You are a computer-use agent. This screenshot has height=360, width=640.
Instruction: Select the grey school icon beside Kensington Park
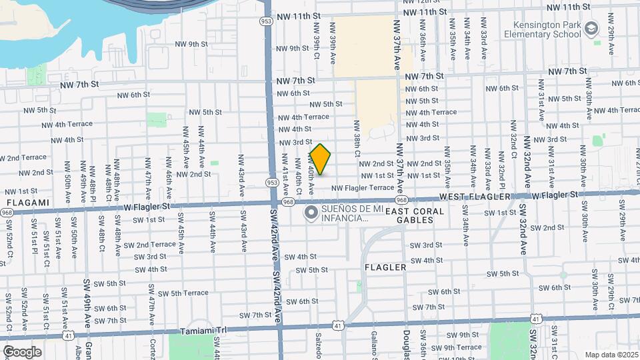(x=592, y=29)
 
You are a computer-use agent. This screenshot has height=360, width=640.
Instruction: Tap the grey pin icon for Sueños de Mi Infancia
(x=311, y=213)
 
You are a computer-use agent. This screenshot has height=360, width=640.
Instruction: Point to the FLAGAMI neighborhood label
(x=27, y=202)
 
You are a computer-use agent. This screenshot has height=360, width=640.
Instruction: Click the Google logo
(x=22, y=351)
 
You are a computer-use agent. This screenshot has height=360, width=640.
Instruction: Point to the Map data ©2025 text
(x=611, y=355)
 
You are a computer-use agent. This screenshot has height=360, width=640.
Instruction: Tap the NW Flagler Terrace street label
(x=363, y=188)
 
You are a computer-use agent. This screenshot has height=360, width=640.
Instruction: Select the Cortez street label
(x=153, y=345)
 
